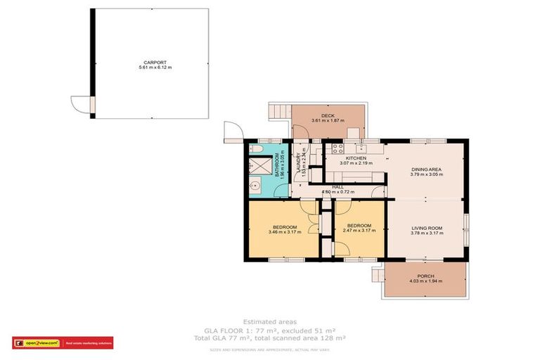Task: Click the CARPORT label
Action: pyautogui.click(x=153, y=63)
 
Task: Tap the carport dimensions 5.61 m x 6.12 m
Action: pyautogui.click(x=153, y=67)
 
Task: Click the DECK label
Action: pyautogui.click(x=328, y=115)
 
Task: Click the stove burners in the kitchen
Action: pyautogui.click(x=337, y=148)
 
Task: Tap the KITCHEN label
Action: pyautogui.click(x=356, y=158)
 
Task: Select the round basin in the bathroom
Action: pyautogui.click(x=256, y=186)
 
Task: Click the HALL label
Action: pyautogui.click(x=337, y=187)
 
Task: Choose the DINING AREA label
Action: pyautogui.click(x=425, y=169)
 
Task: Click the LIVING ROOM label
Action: pyautogui.click(x=426, y=228)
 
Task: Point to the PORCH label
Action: pyautogui.click(x=425, y=276)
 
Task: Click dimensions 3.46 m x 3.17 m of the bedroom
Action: pyautogui.click(x=283, y=232)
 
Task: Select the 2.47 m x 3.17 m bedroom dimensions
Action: pyautogui.click(x=357, y=232)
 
